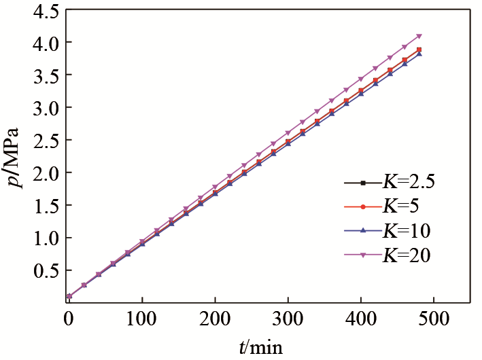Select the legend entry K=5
[400, 206]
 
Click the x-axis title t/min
[260, 348]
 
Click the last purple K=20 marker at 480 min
[419, 37]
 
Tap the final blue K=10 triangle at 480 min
[419, 53]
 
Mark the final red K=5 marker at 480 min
[419, 49]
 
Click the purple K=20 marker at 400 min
[360, 79]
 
